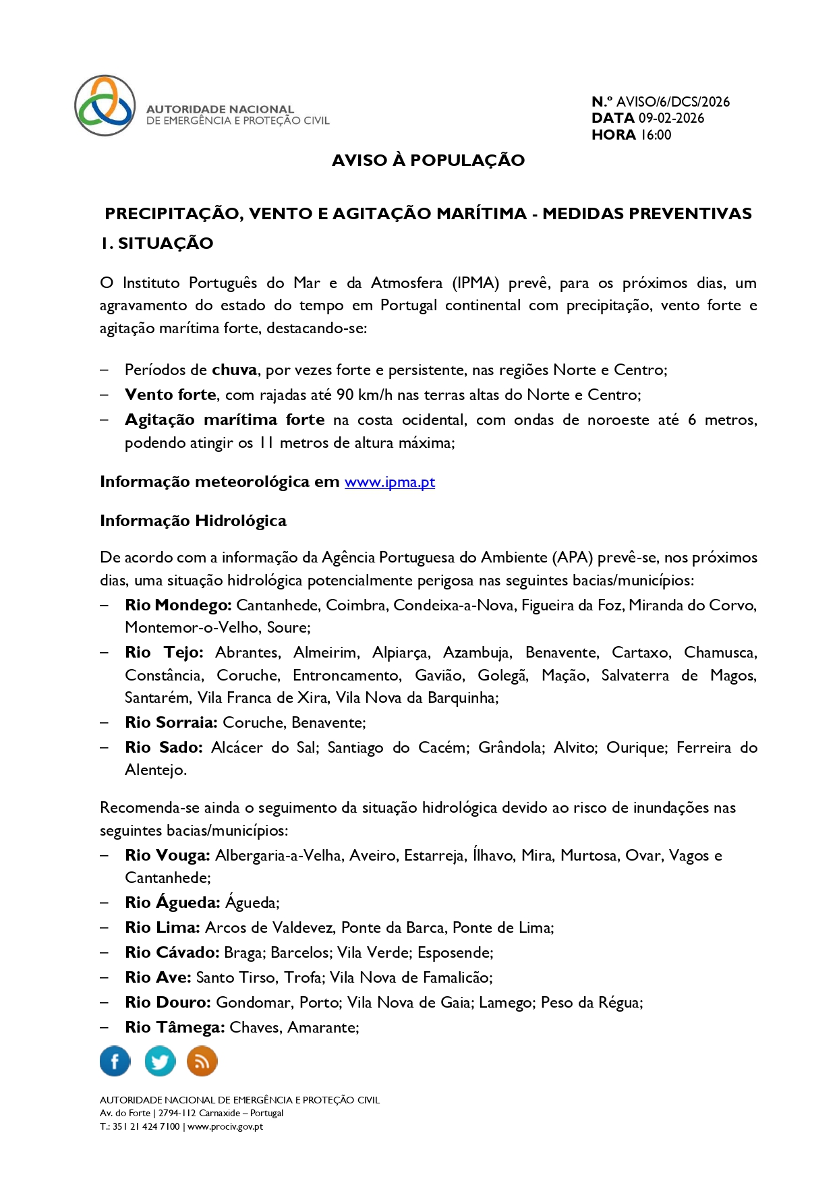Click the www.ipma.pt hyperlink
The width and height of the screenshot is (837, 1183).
[x=389, y=482]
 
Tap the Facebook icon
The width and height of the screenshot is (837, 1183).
[x=115, y=1061]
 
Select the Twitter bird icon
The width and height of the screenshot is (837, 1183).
[x=160, y=1061]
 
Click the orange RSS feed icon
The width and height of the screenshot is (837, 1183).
[x=202, y=1061]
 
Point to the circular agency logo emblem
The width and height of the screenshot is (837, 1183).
[x=105, y=106]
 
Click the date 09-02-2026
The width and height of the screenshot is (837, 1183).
[x=671, y=118]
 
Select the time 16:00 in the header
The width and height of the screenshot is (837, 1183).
[x=656, y=135]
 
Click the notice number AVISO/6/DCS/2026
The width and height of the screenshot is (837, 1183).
[x=672, y=102]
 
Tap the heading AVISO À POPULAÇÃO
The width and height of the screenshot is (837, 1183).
[x=428, y=161]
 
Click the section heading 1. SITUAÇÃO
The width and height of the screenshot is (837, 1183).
[x=156, y=243]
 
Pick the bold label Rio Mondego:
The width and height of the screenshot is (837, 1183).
[x=178, y=605]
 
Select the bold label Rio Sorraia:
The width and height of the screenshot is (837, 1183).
[x=171, y=722]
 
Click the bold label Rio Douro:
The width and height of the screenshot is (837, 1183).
[x=168, y=1002]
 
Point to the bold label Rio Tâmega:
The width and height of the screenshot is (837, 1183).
[x=175, y=1027]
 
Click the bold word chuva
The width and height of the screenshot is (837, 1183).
[x=234, y=370]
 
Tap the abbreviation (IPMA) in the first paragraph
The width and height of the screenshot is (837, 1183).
[x=475, y=283]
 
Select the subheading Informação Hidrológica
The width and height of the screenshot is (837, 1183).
[x=193, y=521]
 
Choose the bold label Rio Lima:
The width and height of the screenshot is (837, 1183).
[x=162, y=927]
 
